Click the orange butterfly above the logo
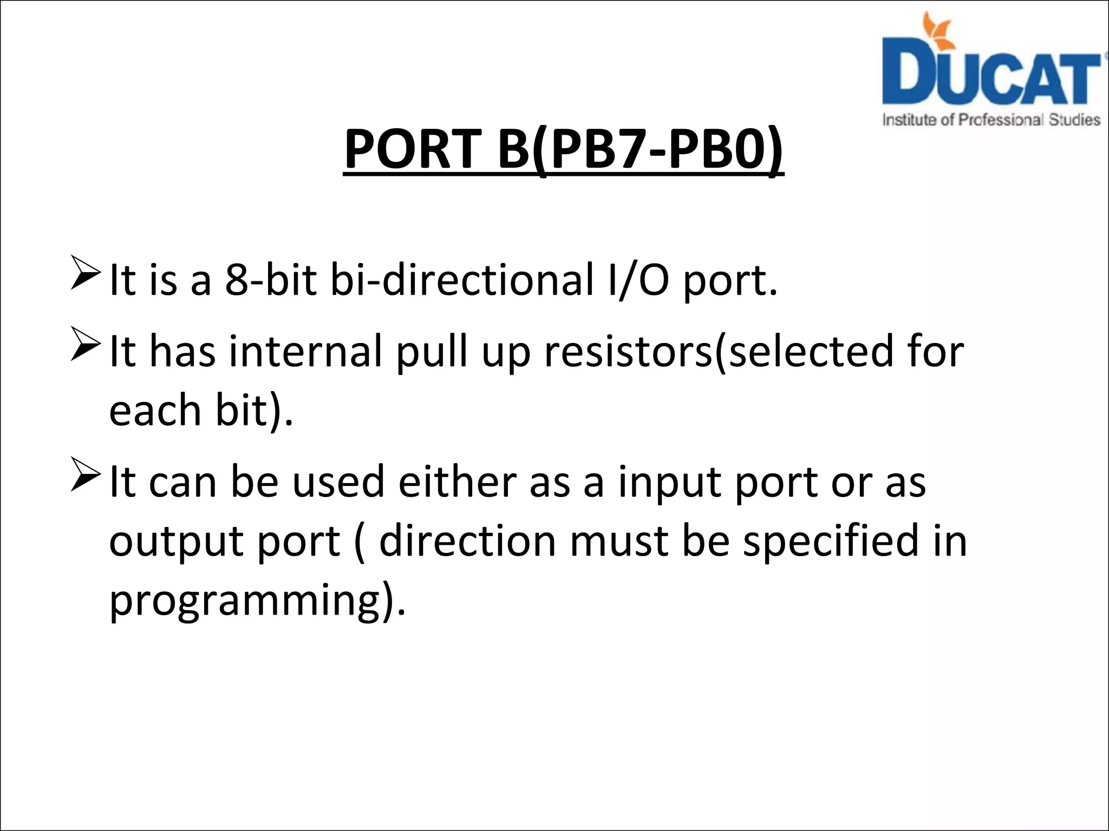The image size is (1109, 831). tap(938, 28)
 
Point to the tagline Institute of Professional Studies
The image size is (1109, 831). tap(991, 120)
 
